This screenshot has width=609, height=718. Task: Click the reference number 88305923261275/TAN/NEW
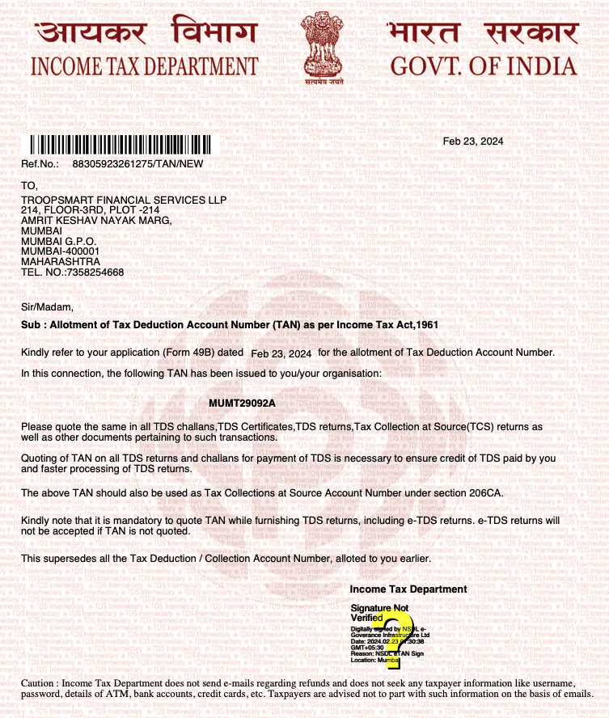tap(137, 163)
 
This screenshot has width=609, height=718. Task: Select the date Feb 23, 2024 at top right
tap(473, 141)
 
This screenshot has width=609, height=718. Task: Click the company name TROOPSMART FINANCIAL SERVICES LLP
tap(124, 200)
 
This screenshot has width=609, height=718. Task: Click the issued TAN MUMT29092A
tap(243, 403)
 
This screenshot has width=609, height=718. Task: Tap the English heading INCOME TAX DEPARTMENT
tap(145, 66)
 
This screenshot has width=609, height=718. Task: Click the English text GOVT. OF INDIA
tap(484, 66)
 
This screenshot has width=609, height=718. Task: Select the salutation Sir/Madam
tap(47, 306)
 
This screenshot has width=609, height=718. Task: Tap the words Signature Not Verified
tap(379, 612)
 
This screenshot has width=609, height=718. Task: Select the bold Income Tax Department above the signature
tap(408, 589)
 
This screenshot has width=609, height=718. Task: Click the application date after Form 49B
tap(281, 353)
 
